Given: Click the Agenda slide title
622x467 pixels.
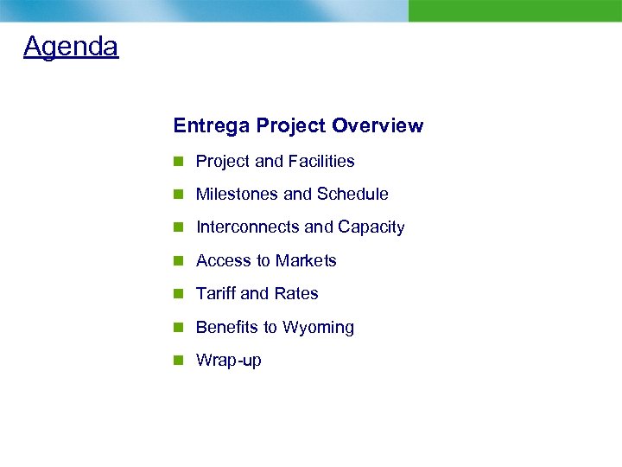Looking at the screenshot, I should [x=71, y=46].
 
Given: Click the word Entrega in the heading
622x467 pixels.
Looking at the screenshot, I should [x=206, y=125].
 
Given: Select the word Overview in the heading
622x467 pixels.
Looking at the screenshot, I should [x=378, y=125].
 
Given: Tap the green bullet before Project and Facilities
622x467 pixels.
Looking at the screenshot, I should [x=178, y=162].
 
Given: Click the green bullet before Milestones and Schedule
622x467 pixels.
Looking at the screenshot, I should [x=178, y=195].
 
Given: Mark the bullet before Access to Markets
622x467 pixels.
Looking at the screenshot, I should [x=178, y=261].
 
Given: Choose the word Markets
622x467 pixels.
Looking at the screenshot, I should [x=307, y=261].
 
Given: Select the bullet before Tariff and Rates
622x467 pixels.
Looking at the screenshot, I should [x=178, y=294].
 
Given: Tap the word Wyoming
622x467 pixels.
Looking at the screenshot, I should [x=318, y=328].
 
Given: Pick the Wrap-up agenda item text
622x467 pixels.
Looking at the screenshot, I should [x=228, y=361].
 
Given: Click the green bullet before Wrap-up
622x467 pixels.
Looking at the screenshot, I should [x=178, y=361].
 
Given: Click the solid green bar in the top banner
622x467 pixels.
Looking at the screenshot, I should [x=515, y=10].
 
